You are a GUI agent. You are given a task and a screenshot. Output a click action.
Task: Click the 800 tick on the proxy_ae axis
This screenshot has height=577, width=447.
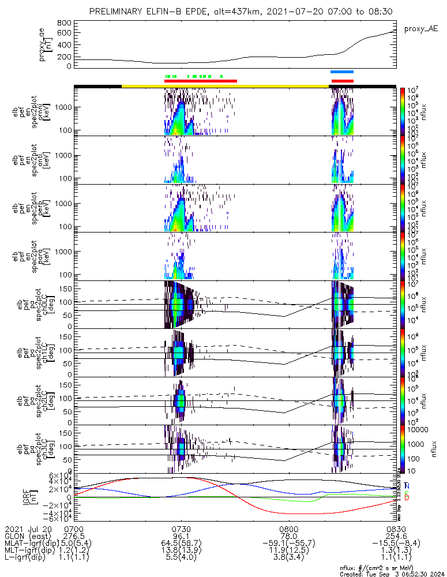(64, 23)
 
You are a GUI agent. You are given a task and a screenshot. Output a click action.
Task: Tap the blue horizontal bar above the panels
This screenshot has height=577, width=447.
(341, 72)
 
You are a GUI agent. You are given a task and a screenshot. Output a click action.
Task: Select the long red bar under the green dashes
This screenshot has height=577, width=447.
(201, 81)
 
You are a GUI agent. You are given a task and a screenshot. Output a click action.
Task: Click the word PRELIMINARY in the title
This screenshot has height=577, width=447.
(116, 12)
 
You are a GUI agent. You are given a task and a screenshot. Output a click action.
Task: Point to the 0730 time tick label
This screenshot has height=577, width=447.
(182, 529)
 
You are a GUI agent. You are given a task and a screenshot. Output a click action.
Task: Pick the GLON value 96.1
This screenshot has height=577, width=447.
(182, 536)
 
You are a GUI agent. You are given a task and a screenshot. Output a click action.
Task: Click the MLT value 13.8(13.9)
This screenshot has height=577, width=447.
(182, 551)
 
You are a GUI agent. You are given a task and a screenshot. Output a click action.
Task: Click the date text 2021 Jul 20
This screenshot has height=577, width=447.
(27, 529)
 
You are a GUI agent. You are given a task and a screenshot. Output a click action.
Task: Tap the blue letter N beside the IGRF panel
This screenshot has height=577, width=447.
(407, 486)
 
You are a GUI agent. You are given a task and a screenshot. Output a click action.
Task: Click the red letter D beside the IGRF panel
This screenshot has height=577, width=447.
(407, 497)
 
